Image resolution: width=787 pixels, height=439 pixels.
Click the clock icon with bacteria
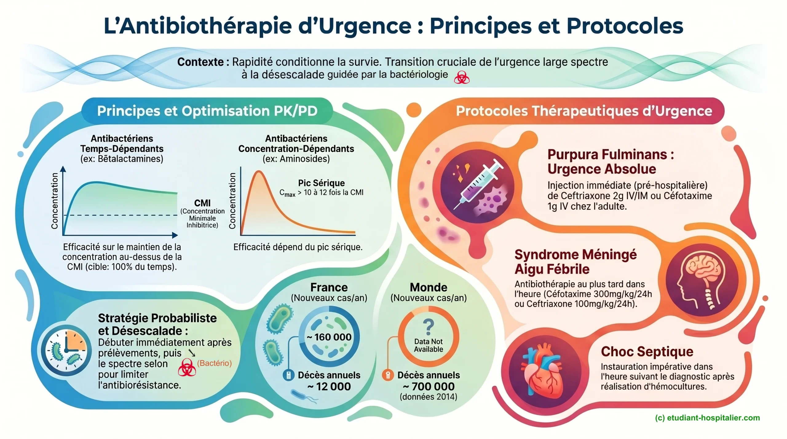66,350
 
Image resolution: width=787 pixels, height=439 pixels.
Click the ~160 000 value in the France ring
329,337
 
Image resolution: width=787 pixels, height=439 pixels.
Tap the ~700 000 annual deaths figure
429,386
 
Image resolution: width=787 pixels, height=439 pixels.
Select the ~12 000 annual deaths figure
329,386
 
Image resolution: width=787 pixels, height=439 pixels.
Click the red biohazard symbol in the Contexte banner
461,77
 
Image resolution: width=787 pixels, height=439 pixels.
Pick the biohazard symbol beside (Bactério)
187,367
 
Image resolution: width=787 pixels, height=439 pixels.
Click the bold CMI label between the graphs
202,203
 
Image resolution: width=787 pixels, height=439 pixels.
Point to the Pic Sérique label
321,183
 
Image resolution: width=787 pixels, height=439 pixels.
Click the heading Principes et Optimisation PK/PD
207,111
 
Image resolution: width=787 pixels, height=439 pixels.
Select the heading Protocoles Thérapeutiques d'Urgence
584,111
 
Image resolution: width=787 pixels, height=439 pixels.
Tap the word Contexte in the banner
200,62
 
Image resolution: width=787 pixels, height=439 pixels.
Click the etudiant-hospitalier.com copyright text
707,418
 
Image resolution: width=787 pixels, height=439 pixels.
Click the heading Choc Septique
647,351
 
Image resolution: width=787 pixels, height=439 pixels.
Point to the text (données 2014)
428,397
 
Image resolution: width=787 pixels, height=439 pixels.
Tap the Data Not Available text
428,345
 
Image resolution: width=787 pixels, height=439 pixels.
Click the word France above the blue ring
329,287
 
